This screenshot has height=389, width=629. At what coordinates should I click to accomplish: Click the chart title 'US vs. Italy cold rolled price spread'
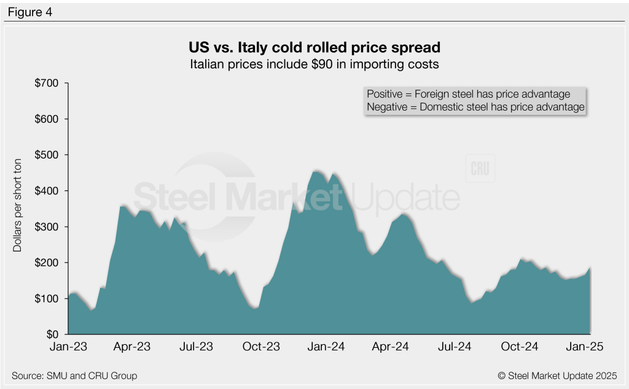pos(314,47)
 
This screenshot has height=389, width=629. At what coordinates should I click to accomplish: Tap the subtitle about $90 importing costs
pos(314,63)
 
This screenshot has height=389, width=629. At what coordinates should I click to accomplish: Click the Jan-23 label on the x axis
pos(68,347)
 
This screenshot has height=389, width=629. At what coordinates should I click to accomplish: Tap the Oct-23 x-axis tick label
pos(261,347)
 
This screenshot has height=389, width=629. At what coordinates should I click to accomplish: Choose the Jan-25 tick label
pos(588,347)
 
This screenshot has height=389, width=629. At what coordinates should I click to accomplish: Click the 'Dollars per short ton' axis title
pos(18,209)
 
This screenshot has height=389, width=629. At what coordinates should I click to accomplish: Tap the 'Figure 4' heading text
pos(29,12)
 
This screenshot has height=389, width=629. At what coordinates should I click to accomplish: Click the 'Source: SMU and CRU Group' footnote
pos(74,375)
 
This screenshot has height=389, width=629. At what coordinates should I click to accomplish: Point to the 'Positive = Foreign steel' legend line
pos(468,94)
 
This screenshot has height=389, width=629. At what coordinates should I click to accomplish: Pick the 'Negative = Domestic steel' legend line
pos(475,107)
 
